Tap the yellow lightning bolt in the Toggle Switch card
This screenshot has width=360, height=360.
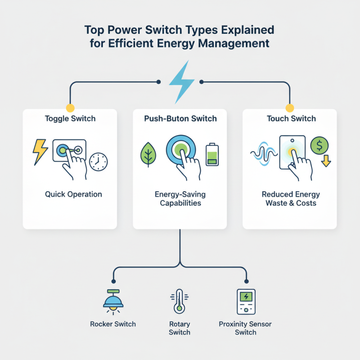pyautogui.click(x=40, y=152)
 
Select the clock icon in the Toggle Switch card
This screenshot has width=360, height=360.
pyautogui.click(x=98, y=162)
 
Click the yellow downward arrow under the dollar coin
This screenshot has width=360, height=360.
pyautogui.click(x=326, y=161)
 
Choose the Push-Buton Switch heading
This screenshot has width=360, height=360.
pyautogui.click(x=180, y=119)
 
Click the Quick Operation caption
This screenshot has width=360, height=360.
pyautogui.click(x=73, y=194)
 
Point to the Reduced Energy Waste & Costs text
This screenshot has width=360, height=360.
pyautogui.click(x=291, y=198)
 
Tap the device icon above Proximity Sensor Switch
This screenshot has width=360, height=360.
pyautogui.click(x=246, y=301)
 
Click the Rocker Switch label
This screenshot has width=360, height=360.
pyautogui.click(x=113, y=324)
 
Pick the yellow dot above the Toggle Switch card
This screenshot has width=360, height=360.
pyautogui.click(x=69, y=108)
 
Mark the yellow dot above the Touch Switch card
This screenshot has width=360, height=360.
pyautogui.click(x=290, y=108)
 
